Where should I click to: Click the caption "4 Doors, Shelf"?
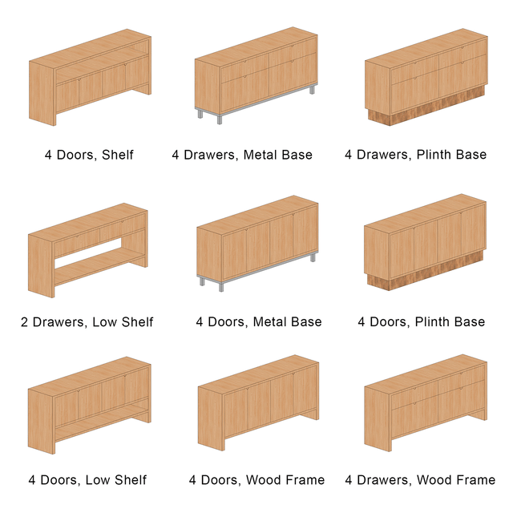pyautogui.click(x=89, y=155)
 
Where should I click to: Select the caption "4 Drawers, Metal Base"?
pyautogui.click(x=242, y=155)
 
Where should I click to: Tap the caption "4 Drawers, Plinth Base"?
pyautogui.click(x=415, y=155)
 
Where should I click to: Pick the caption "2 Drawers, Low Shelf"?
pyautogui.click(x=87, y=322)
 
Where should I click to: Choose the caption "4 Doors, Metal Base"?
pyautogui.click(x=259, y=322)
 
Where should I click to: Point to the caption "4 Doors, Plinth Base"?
pyautogui.click(x=422, y=322)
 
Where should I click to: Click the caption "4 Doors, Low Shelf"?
pyautogui.click(x=87, y=480)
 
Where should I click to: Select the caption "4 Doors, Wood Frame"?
pyautogui.click(x=256, y=480)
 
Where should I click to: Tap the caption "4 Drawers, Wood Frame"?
pyautogui.click(x=420, y=480)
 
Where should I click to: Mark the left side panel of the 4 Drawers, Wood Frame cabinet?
pyautogui.click(x=378, y=419)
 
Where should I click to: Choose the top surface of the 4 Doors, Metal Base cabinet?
pyautogui.click(x=258, y=215)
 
